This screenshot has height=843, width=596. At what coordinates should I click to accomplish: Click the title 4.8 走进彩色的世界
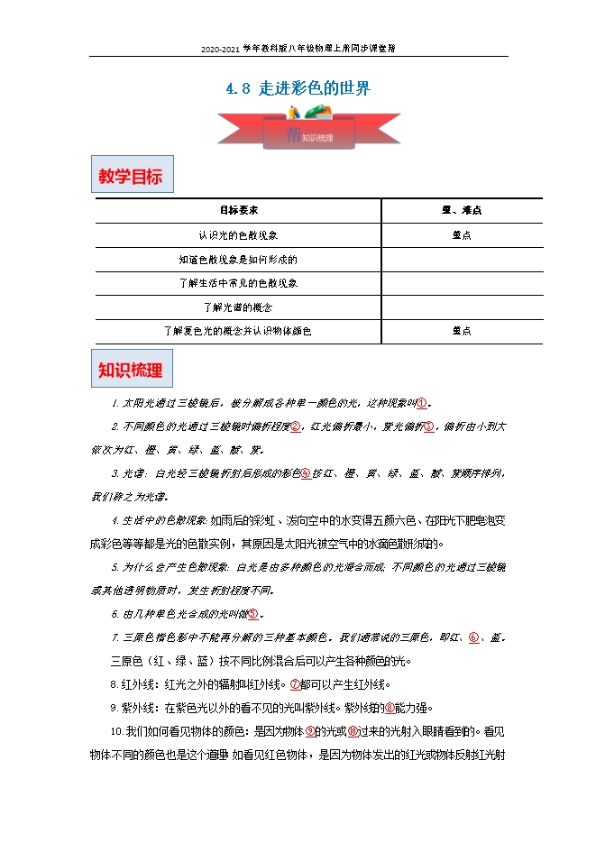297,89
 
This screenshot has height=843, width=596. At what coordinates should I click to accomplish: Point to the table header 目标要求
239,210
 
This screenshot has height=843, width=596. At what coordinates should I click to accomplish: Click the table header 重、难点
461,210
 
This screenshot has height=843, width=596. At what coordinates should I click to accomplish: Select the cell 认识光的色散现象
239,234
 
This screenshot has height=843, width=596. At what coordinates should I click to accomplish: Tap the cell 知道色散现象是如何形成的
239,259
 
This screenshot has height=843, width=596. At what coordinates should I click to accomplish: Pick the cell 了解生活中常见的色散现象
239,283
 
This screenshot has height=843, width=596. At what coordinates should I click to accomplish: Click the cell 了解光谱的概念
239,307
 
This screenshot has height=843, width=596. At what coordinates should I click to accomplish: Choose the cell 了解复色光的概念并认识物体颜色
239,331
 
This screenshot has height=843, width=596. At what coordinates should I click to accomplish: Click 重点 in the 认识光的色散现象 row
461,234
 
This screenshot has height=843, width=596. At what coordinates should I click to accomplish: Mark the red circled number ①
422,402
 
